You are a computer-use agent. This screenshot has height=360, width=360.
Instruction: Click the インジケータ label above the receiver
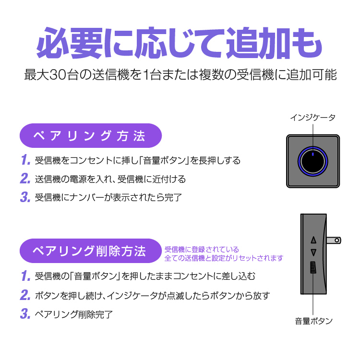click(x=312, y=118)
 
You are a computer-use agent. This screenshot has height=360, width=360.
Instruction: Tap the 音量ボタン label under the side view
click(x=313, y=321)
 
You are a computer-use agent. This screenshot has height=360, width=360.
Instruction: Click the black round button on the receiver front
click(x=313, y=161)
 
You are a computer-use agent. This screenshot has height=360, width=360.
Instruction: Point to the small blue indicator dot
click(x=312, y=154)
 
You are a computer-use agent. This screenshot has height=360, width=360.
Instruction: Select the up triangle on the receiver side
click(x=313, y=240)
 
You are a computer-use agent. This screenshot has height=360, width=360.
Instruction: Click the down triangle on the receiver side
click(x=313, y=252)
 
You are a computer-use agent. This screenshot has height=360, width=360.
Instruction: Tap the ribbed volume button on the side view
click(x=313, y=267)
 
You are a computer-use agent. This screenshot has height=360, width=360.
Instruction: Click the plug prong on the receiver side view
click(x=334, y=240)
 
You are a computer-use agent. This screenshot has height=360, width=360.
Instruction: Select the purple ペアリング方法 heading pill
click(x=91, y=135)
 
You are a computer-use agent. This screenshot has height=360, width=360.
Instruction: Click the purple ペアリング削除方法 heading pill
click(x=91, y=251)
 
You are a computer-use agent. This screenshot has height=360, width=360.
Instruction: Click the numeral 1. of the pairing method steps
click(x=25, y=160)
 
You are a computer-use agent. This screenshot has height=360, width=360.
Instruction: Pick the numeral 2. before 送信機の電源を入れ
click(x=25, y=179)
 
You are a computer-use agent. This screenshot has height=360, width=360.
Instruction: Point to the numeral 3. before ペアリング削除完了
click(x=25, y=313)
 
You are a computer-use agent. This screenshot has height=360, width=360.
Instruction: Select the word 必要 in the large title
click(x=69, y=43)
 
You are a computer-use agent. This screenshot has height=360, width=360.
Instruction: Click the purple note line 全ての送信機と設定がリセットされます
click(x=224, y=258)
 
